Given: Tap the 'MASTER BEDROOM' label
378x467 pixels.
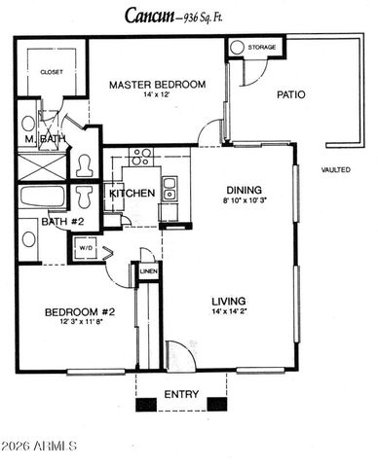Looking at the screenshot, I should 158,85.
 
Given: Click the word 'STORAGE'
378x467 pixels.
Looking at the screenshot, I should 262,47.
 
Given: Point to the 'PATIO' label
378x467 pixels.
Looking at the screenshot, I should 291,95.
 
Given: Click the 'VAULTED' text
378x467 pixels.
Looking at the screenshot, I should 335,169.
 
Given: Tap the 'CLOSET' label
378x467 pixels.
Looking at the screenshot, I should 51,71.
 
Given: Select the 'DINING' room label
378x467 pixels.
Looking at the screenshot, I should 243,191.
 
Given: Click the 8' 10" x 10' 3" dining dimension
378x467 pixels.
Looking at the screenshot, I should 243,201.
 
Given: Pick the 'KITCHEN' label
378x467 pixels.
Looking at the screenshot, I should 132,194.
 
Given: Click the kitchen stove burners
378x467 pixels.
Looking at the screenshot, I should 142,155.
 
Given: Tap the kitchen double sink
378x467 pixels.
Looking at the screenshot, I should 170,188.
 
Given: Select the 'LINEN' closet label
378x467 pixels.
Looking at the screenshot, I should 147,271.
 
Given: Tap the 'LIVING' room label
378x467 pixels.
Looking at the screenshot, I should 229,301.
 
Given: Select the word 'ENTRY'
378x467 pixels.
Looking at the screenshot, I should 181,394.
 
